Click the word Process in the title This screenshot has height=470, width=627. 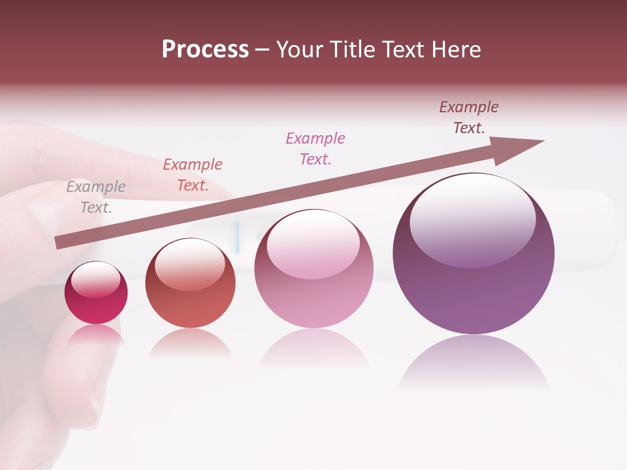pos(205,50)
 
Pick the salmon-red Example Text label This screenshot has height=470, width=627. pos(193,175)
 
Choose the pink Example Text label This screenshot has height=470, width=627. pos(315,149)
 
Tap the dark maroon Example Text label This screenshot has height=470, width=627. pos(469,117)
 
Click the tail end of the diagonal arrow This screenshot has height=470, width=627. pos(60,242)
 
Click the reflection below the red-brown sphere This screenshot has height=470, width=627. pos(190,343)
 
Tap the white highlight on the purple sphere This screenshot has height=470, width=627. pos(472,219)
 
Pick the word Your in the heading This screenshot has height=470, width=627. pos(300,50)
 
